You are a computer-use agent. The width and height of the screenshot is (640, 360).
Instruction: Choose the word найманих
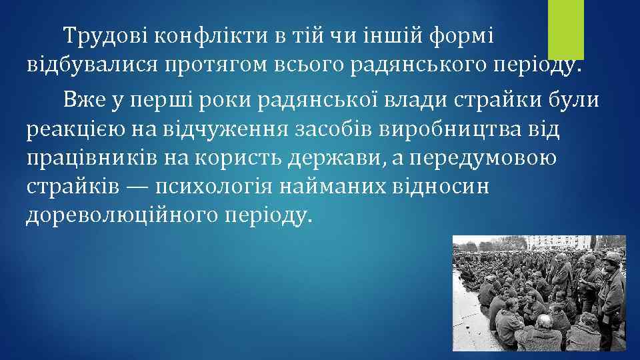pyautogui.click(x=337, y=187)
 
